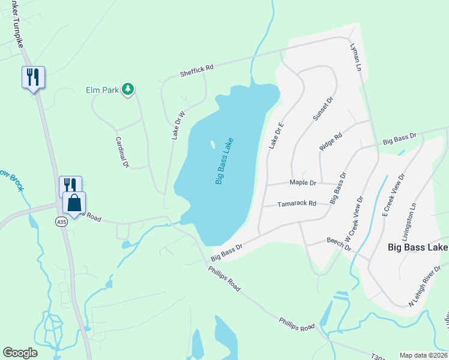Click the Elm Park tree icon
point(127,90)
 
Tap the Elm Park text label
point(101,91)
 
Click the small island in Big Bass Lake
point(212,144)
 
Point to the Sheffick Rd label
point(197,71)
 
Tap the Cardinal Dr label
point(122,151)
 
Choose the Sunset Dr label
point(322,109)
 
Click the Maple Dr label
point(303,182)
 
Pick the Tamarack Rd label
point(297,204)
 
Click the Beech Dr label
point(339,244)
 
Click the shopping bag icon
point(74,203)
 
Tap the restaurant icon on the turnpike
point(33,77)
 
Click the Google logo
point(20,353)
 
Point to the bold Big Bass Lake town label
point(417,247)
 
